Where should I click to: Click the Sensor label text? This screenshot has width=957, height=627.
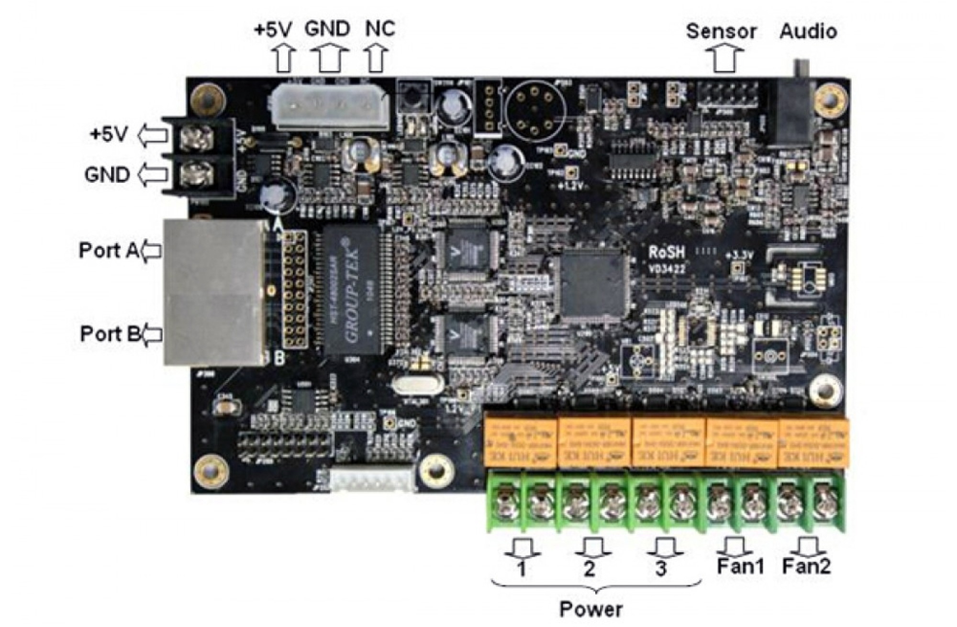(x=721, y=31)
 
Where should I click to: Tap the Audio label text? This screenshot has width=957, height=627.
(x=808, y=31)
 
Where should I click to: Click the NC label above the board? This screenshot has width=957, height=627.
(x=380, y=29)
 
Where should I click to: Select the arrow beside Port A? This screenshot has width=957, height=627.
(x=152, y=251)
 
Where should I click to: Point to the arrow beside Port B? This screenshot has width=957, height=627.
(x=152, y=334)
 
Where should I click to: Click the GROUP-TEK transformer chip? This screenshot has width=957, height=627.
(x=352, y=291)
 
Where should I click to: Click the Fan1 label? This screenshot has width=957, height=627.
(x=740, y=566)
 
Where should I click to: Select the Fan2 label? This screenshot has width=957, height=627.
(x=807, y=566)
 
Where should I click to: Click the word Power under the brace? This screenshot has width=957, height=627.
(x=591, y=609)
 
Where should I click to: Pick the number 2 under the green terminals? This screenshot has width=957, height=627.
(x=589, y=569)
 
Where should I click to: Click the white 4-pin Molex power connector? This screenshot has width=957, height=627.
(x=331, y=108)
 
